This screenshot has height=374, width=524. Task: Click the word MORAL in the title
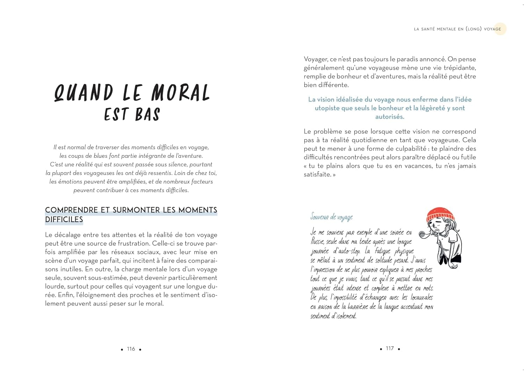(180, 93)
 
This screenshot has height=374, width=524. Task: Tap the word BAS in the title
(147, 115)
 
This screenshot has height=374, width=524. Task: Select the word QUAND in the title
(83, 93)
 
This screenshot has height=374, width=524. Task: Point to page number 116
(131, 349)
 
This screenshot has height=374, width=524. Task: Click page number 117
(390, 349)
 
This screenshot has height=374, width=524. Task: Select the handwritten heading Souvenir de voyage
(332, 217)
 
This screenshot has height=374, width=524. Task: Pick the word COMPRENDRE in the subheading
(71, 210)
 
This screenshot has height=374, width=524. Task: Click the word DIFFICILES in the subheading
(64, 220)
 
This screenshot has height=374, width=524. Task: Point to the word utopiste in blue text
(327, 108)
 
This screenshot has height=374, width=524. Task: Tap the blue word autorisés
(390, 117)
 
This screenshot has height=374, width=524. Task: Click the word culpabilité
(408, 149)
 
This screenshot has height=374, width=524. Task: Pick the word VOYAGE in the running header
(492, 29)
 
